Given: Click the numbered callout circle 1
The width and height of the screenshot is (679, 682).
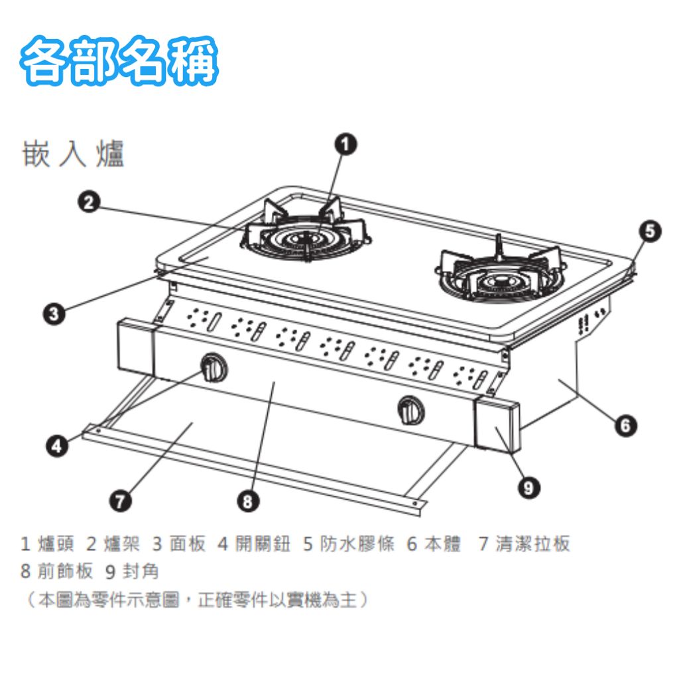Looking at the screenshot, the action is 345,144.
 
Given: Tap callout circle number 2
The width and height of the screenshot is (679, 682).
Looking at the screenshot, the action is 89,202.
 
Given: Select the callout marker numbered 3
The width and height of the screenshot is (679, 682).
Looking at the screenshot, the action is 54,313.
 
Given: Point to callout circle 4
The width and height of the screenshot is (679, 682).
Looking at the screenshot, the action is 57,446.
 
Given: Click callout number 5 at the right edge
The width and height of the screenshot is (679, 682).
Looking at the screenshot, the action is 650,231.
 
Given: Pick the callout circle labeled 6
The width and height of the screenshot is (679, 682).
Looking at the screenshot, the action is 625,425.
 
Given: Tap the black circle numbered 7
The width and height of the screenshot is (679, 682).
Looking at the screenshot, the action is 120,500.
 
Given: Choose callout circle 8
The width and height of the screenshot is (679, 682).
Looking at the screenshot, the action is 248,501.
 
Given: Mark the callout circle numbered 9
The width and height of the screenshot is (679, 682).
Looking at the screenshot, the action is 529,487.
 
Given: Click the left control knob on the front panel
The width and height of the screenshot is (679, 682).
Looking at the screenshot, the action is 214,368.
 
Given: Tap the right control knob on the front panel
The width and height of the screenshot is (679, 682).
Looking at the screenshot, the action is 411,410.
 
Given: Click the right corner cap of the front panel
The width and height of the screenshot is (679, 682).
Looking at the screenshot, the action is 497,425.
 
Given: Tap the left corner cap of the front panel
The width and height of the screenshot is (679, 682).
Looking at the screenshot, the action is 136,347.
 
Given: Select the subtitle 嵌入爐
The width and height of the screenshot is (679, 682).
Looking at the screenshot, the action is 73,154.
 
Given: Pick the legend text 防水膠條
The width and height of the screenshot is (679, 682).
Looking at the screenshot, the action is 357,543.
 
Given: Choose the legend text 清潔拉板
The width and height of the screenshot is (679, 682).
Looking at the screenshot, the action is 532,543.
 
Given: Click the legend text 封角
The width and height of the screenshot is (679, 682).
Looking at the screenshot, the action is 141,571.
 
